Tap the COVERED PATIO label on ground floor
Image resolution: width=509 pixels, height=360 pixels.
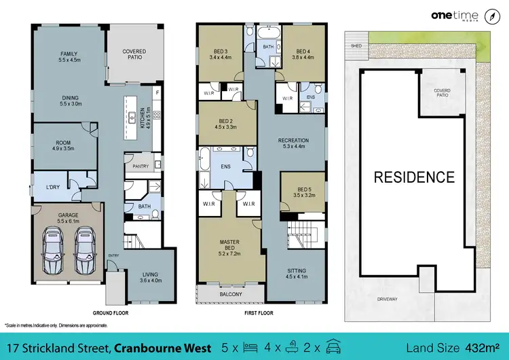[x=134, y=54]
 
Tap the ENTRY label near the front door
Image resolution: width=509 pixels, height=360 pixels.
[x=113, y=255]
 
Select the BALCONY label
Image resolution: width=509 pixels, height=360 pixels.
[x=227, y=294]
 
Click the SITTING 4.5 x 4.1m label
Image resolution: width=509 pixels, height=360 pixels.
[x=295, y=273]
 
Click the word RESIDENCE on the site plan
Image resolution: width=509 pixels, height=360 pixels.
[x=415, y=177]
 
